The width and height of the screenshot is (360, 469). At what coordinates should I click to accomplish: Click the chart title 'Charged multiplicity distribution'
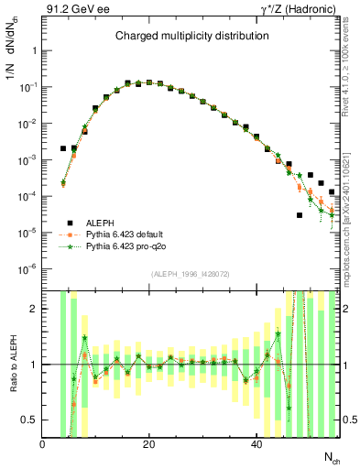tap(191, 36)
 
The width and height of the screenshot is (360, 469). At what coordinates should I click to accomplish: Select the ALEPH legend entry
tap(102, 223)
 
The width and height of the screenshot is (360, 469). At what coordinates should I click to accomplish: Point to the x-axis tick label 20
tap(148, 444)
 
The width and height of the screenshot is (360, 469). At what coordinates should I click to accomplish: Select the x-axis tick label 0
tap(42, 444)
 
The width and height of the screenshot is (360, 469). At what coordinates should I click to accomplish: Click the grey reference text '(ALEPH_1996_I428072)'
tap(191, 274)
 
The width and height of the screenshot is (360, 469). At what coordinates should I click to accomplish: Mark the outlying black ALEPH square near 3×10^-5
tap(300, 215)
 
